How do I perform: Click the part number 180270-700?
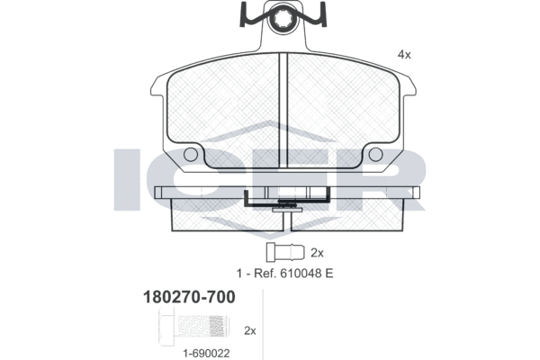click(189, 297)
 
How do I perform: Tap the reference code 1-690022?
click(206, 354)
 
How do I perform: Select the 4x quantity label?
click(404, 54)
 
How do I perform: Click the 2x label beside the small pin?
click(317, 253)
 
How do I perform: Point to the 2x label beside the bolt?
click(250, 330)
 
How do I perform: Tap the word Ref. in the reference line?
click(265, 274)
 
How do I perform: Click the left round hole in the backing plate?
click(191, 154)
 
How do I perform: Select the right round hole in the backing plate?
click(375, 154)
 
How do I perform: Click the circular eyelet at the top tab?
click(283, 20)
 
